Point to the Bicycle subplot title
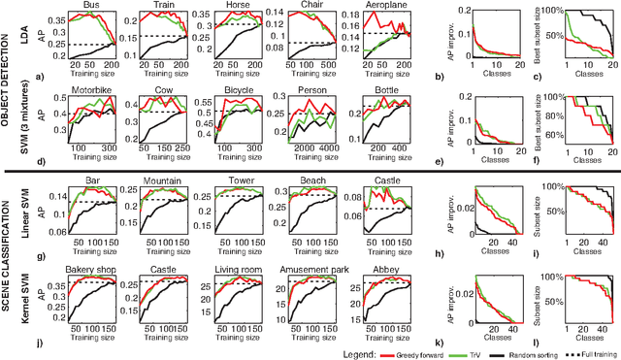(x=226, y=91)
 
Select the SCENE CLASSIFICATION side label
(x=8, y=261)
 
